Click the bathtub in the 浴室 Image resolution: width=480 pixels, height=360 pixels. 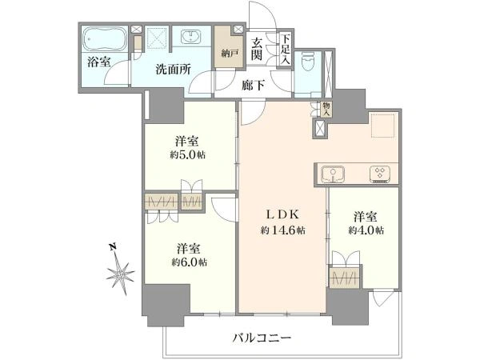pos(105,39)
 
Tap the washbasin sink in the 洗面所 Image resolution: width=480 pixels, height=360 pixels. pos(190,37)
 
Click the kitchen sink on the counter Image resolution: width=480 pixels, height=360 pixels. pos(333,174)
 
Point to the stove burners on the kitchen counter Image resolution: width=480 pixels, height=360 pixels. pos(380,174)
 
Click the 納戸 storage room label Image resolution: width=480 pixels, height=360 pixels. pos(230,54)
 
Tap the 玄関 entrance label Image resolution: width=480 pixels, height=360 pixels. pos(257,49)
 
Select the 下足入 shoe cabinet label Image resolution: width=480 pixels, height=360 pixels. pos(286,49)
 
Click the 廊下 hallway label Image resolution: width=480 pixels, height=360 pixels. pos(253,86)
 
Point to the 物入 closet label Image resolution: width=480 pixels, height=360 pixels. pos(326,110)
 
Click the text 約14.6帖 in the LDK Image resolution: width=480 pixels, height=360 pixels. pos(282,230)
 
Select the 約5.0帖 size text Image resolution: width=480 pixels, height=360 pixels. pos(188,155)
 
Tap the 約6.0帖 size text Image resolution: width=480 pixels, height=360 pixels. pos(189,262)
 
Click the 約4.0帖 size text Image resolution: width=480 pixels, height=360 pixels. pos(366,230)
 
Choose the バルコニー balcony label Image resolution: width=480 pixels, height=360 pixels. pos(262,338)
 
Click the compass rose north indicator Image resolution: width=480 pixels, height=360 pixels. pos(120,270)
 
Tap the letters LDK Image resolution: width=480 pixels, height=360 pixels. pos(282,214)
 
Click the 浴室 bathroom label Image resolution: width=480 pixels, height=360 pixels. pos(98,62)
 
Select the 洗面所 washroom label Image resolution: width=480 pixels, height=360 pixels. pos(174,70)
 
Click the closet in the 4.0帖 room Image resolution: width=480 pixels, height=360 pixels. pos(345,278)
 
